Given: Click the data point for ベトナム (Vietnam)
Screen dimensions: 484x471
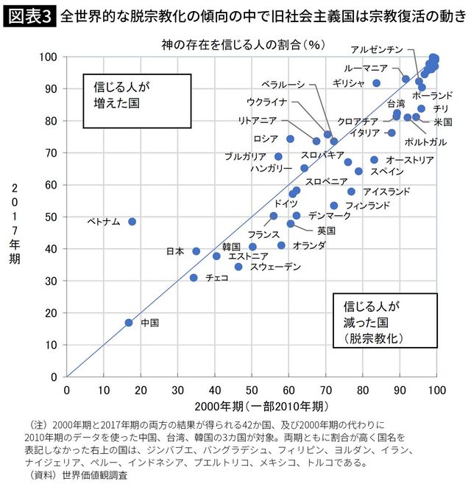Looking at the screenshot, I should (x=132, y=221).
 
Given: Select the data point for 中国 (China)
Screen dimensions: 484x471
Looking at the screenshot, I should (x=129, y=323).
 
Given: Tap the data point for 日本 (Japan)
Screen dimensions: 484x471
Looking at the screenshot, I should (x=196, y=251).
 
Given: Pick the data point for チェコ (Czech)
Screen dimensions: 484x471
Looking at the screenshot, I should (x=194, y=278).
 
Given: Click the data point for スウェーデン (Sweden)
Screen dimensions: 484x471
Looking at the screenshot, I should (x=238, y=267).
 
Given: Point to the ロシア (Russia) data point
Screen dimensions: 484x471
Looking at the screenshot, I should (x=290, y=138).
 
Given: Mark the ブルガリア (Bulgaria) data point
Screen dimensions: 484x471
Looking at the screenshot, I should (x=278, y=156).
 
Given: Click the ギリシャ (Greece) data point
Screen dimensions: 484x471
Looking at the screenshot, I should (x=377, y=83).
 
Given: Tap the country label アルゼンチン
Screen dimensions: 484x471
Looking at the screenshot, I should (x=377, y=49).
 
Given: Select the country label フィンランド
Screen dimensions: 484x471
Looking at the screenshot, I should (x=367, y=206).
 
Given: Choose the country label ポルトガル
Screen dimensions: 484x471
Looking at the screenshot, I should (x=425, y=141).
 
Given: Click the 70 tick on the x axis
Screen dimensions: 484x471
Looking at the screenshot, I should (x=326, y=389).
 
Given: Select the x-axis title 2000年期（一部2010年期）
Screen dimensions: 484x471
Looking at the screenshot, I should (x=253, y=406).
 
